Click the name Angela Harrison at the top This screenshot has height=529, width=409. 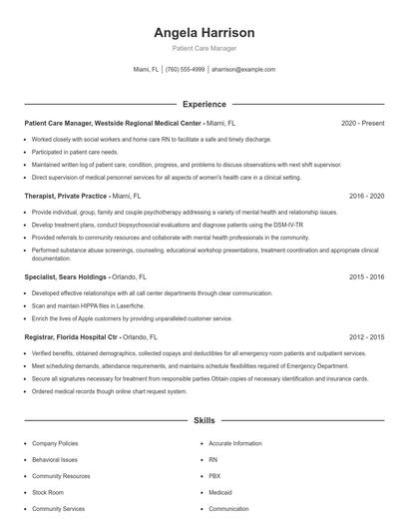tap(204, 32)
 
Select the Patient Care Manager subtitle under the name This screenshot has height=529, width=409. tap(204, 48)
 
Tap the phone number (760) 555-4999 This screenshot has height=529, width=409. tap(185, 70)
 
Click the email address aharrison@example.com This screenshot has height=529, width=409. tap(243, 70)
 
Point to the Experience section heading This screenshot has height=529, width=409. tap(204, 104)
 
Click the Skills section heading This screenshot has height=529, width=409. tap(204, 422)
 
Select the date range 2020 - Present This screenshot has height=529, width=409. tap(362, 123)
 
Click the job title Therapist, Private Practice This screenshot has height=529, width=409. tap(66, 197)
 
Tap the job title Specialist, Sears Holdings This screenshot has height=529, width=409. tap(66, 276)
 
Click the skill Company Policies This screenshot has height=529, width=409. tap(56, 442)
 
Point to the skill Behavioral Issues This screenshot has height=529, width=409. tap(55, 459)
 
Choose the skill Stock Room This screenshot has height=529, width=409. tap(48, 492)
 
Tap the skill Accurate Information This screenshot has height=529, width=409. tap(235, 442)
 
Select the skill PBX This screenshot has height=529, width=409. tap(213, 475)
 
